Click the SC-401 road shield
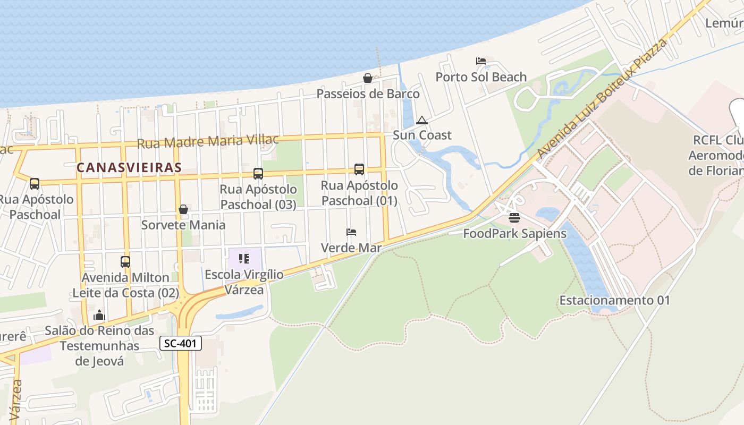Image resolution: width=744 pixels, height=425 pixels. click(181, 343)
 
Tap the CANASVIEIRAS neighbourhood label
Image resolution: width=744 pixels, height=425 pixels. click(129, 167)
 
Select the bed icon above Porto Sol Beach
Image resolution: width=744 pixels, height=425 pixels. click(481, 61)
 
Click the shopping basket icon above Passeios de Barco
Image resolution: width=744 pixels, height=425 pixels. click(367, 78)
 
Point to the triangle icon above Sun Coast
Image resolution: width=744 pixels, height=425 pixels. click(422, 120)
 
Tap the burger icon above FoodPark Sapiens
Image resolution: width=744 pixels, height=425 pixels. click(514, 217)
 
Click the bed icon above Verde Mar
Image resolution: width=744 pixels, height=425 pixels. click(351, 232)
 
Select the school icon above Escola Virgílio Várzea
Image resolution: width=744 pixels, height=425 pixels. click(244, 259)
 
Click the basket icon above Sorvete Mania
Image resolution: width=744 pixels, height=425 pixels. click(183, 209)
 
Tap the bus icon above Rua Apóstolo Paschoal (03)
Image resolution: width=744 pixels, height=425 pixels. click(258, 173)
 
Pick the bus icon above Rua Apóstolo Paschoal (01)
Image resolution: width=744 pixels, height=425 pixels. click(359, 169)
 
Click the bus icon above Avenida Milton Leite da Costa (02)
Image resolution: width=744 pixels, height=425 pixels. click(125, 261)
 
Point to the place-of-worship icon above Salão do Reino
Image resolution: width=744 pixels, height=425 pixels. click(99, 315)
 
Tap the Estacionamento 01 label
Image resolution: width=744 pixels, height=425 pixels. click(614, 300)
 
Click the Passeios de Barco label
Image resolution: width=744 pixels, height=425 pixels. click(368, 94)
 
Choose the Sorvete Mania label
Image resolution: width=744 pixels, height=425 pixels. click(183, 225)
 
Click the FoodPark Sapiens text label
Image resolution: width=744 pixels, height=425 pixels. click(514, 233)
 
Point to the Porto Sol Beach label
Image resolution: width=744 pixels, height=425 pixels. click(481, 77)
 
